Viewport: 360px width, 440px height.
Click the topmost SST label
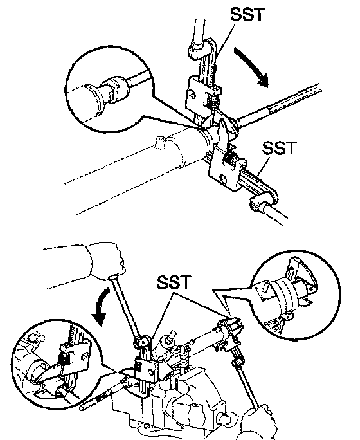pos(247,15)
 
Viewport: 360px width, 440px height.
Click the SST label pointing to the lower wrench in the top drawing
pos(279,147)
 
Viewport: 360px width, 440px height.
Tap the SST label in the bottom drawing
pos(174,282)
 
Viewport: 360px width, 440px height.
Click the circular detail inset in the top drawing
pos(110,89)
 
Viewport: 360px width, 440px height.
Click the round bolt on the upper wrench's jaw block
pos(192,94)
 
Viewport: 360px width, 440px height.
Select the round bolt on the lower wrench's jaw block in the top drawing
pos(223,179)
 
